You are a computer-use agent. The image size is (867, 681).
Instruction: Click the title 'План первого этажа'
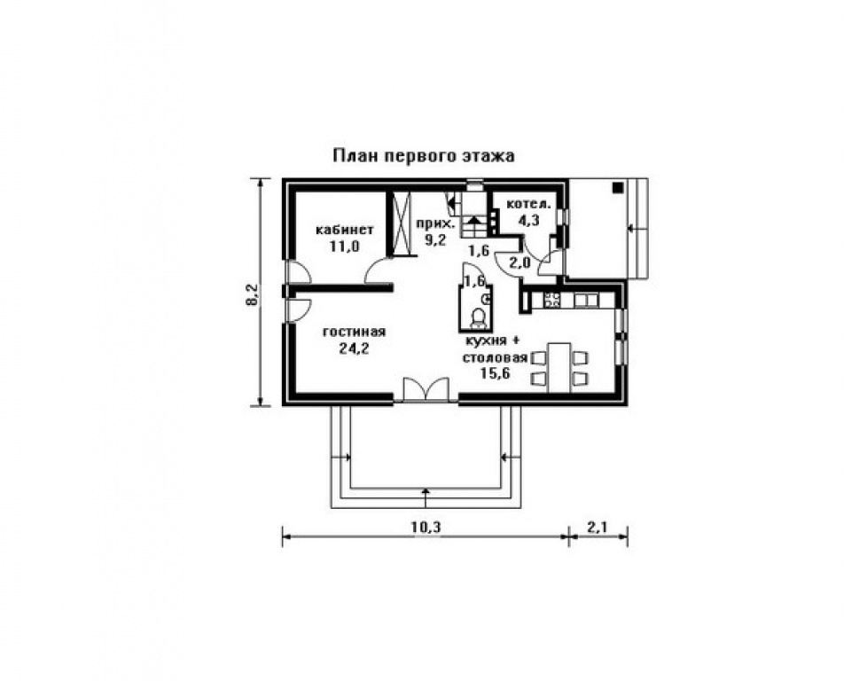click(x=425, y=155)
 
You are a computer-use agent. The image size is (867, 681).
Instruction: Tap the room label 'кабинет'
click(x=345, y=230)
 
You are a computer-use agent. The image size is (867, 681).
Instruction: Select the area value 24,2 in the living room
click(x=353, y=348)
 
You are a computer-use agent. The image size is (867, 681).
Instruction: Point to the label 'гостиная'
click(x=353, y=333)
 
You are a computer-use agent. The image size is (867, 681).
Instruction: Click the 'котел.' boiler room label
click(x=528, y=205)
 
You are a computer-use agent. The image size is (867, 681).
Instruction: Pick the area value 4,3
click(x=529, y=221)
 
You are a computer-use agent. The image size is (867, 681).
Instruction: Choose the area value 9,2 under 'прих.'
click(x=435, y=239)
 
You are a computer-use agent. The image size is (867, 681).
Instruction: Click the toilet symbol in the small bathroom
click(x=480, y=317)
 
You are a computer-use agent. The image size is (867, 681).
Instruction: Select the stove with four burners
click(x=551, y=300)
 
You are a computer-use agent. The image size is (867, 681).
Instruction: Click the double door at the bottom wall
click(x=426, y=390)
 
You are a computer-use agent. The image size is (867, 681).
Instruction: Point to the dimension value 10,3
click(x=426, y=527)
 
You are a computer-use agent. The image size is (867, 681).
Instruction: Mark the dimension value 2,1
click(x=597, y=527)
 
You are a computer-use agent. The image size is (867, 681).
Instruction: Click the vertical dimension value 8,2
click(x=252, y=294)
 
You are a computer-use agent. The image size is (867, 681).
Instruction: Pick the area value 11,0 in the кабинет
click(x=345, y=247)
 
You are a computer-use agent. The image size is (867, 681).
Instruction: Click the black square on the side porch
click(x=615, y=187)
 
